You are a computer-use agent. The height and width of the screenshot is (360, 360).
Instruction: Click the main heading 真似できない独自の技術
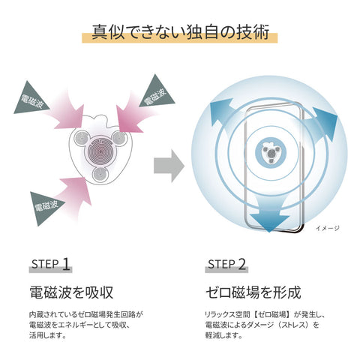[180, 32]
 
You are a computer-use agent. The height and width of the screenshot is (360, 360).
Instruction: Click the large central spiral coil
[100, 150]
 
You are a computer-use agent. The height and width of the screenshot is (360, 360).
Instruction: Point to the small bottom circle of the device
[100, 174]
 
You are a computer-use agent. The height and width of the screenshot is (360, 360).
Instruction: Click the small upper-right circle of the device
[118, 137]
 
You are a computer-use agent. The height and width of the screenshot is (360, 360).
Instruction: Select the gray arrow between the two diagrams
[169, 166]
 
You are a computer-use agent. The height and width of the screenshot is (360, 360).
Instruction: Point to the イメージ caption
[328, 228]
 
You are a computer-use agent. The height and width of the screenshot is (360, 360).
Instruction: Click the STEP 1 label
[50, 264]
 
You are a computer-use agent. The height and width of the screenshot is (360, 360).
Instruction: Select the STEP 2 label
[226, 264]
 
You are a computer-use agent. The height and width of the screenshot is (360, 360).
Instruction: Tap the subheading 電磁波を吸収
[71, 292]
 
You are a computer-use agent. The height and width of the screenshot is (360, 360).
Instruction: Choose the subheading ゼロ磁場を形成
[253, 292]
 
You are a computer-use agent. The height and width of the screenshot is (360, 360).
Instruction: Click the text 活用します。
[48, 335]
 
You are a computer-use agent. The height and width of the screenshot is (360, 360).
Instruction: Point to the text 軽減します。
[224, 335]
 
